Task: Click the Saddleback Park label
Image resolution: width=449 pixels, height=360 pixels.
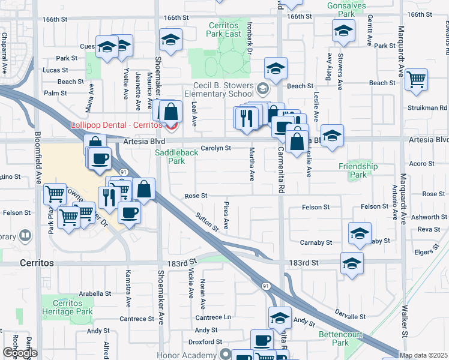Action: [x=177, y=157]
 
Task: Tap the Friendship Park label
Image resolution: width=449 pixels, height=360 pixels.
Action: [x=358, y=170]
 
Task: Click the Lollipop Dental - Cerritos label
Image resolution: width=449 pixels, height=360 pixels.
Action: [x=116, y=125]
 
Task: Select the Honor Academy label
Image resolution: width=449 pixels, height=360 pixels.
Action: [x=186, y=355]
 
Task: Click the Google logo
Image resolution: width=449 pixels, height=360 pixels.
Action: [x=20, y=353]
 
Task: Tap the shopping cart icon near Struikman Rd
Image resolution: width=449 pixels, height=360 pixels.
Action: [x=416, y=80]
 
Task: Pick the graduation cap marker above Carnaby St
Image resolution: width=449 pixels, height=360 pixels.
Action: [x=360, y=234]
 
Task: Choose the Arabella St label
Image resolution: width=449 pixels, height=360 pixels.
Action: [x=95, y=294]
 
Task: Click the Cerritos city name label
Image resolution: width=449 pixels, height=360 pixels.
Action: [x=37, y=263]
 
